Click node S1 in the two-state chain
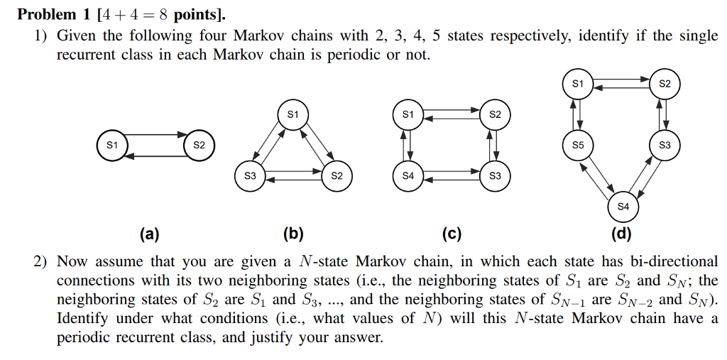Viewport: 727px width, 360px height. pos(111,145)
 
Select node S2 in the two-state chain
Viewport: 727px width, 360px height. pos(199,145)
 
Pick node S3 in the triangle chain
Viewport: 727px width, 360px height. pos(249,175)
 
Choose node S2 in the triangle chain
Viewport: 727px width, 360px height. pos(337,175)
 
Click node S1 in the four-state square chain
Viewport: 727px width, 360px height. pos(407,114)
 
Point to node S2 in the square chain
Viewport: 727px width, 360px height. pos(495,114)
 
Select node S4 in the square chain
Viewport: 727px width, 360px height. pos(407,175)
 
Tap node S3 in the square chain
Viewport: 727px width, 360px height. pos(495,175)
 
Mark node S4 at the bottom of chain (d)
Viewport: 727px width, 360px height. pos(623,207)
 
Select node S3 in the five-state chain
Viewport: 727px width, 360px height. pos(665,145)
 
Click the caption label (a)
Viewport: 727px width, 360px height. pos(150,234)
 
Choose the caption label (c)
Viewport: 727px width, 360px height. pos(451,234)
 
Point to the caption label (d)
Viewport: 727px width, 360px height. pos(621,234)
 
